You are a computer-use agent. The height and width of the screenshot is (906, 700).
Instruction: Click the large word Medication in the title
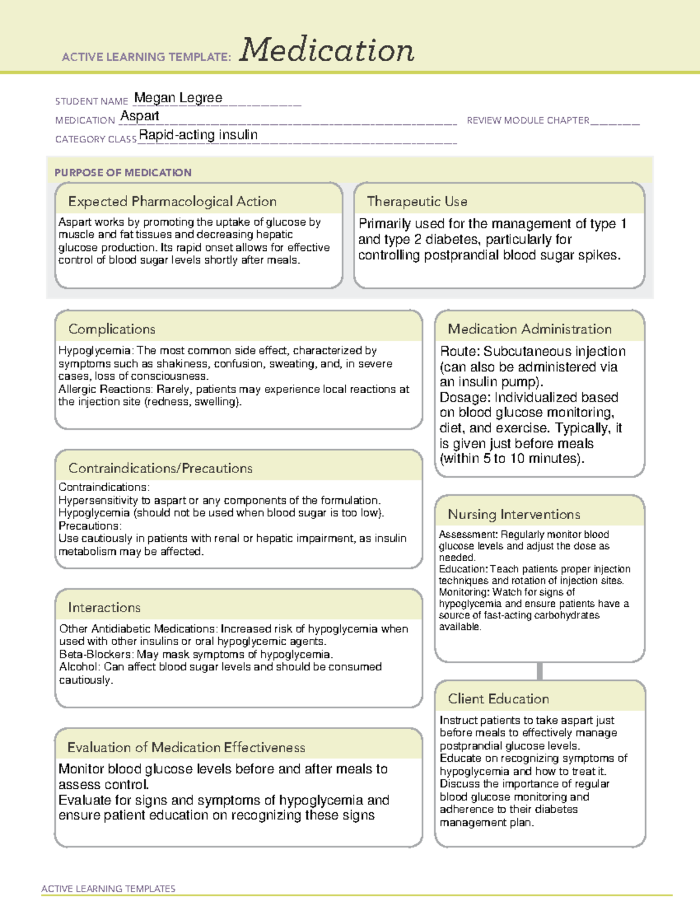click(327, 50)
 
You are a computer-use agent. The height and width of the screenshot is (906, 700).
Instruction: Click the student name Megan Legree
click(178, 98)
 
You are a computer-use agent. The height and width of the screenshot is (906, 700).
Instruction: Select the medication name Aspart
click(139, 116)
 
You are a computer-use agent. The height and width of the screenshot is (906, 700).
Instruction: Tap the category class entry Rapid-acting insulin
click(198, 135)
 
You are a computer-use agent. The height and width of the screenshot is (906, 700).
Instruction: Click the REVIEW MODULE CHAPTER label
click(528, 120)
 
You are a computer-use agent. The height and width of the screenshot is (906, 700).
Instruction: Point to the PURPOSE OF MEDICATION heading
click(123, 173)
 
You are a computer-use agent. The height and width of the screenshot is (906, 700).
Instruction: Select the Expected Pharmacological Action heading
click(172, 201)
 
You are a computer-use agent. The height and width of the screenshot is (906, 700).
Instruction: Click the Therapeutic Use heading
click(417, 201)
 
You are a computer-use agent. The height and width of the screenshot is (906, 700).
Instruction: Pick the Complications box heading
click(111, 329)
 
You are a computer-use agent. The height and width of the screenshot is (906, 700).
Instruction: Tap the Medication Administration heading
click(530, 329)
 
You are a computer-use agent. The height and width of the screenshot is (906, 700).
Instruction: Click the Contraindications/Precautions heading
click(160, 468)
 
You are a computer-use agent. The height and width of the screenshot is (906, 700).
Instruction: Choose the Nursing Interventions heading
click(514, 515)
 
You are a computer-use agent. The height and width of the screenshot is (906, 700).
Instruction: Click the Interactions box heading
click(104, 608)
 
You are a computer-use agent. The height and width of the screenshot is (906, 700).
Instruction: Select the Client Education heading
click(498, 699)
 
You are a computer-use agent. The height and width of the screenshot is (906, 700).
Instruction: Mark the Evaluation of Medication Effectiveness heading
click(186, 747)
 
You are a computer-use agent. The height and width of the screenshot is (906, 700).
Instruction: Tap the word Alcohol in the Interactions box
click(79, 667)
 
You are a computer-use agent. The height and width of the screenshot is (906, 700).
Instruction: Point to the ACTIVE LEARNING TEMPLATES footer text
click(108, 888)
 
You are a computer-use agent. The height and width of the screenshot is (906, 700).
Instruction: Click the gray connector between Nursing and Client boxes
click(540, 671)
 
